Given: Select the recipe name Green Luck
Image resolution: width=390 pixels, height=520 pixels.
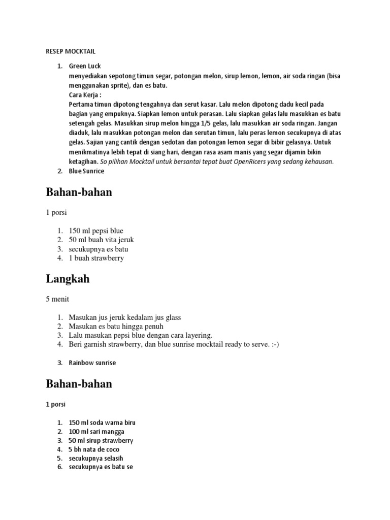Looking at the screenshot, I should pyautogui.click(x=85, y=66).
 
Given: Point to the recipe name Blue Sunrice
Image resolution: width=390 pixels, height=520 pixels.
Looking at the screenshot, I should pyautogui.click(x=86, y=171).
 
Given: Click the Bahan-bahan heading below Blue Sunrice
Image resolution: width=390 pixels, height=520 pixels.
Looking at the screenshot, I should pyautogui.click(x=79, y=192).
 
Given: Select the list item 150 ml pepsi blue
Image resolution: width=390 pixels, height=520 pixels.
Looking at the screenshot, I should pyautogui.click(x=96, y=231).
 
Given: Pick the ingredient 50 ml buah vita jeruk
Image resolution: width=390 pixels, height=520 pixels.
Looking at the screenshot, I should pyautogui.click(x=101, y=240).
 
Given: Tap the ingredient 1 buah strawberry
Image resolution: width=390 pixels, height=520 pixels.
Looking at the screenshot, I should pyautogui.click(x=96, y=258).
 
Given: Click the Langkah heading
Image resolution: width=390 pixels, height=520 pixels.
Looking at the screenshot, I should pyautogui.click(x=68, y=279).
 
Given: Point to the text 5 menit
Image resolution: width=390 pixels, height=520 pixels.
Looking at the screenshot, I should pyautogui.click(x=57, y=299).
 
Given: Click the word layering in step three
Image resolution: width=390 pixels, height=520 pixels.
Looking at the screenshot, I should pyautogui.click(x=196, y=335).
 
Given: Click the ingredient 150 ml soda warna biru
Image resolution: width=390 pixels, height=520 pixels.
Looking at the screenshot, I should pyautogui.click(x=102, y=422).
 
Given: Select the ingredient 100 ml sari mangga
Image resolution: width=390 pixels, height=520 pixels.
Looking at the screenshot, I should pyautogui.click(x=96, y=432).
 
